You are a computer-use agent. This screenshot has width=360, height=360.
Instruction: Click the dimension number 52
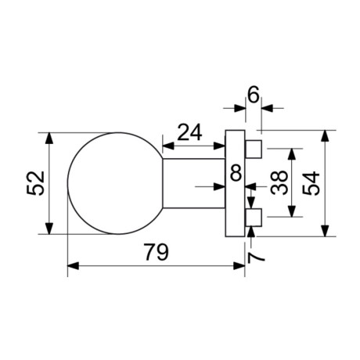pyautogui.click(x=32, y=184)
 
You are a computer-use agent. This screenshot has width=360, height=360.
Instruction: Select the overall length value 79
pyautogui.click(x=157, y=253)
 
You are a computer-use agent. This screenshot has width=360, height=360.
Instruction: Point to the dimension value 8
pyautogui.click(x=236, y=173)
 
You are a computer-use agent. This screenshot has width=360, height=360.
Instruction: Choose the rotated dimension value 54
pyautogui.click(x=311, y=183)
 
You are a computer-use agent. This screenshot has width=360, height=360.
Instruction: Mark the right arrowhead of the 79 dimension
pyautogui.click(x=239, y=267)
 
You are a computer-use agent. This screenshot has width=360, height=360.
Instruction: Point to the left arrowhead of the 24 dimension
pyautogui.click(x=167, y=143)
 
